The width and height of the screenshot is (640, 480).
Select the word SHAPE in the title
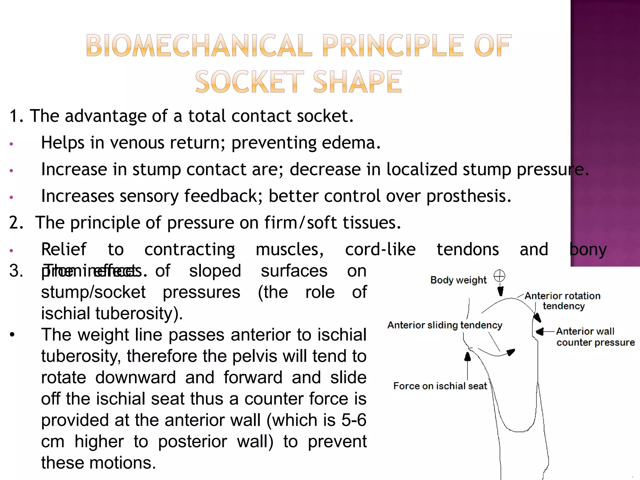click(x=357, y=82)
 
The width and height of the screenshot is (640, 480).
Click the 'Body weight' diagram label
click(x=458, y=280)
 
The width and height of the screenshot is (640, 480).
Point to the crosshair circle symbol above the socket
click(x=499, y=276)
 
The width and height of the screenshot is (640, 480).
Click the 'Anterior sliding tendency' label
click(x=445, y=325)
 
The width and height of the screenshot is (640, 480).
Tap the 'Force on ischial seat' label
click(x=440, y=386)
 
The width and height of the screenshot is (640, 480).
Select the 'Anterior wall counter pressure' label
click(x=595, y=337)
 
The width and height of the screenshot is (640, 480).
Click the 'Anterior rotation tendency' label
click(x=562, y=301)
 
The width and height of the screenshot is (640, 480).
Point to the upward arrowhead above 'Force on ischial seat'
click(x=467, y=357)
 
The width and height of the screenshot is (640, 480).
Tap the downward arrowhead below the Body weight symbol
click(x=500, y=292)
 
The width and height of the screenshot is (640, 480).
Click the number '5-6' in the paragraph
click(x=353, y=420)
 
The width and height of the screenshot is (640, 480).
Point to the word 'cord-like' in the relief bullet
click(x=380, y=249)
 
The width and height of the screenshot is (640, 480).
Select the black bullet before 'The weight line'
click(x=12, y=335)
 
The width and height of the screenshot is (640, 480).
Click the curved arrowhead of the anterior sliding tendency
click(x=511, y=352)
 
